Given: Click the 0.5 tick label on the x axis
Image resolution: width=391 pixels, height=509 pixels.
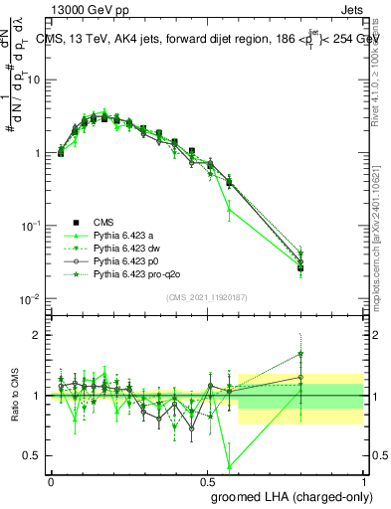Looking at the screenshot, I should [207, 479].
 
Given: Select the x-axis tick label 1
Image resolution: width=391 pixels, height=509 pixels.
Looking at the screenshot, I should [365, 479].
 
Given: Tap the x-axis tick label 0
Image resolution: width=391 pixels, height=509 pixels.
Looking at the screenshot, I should [51, 479].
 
